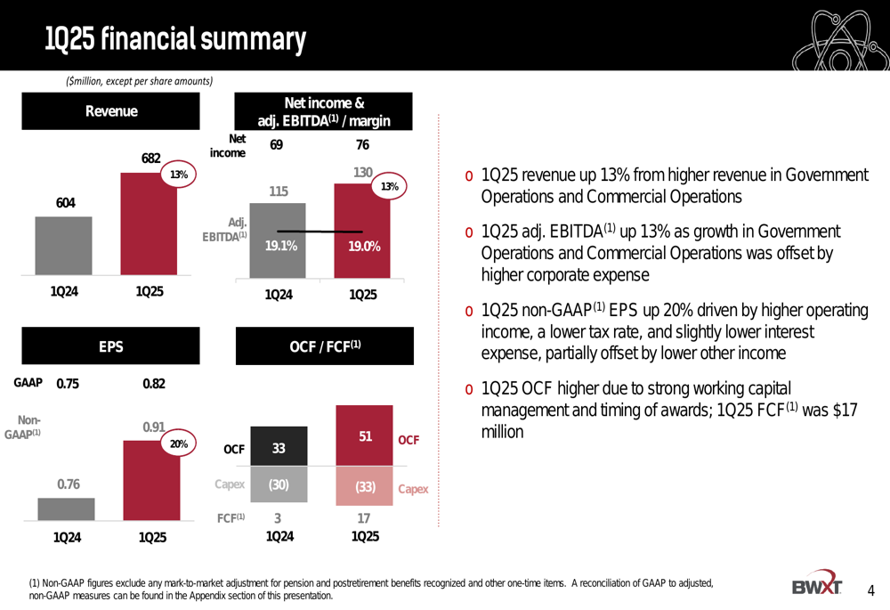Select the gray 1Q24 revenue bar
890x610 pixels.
pyautogui.click(x=64, y=247)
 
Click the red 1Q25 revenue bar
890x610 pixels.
pyautogui.click(x=149, y=224)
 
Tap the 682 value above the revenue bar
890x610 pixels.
pyautogui.click(x=150, y=159)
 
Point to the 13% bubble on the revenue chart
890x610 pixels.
pyautogui.click(x=179, y=175)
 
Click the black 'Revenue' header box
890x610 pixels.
pyautogui.click(x=111, y=111)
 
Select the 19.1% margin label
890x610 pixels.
pyautogui.click(x=281, y=247)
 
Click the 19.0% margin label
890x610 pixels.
pyautogui.click(x=364, y=247)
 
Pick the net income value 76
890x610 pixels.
pyautogui.click(x=361, y=145)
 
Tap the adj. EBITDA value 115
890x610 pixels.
pyautogui.click(x=279, y=190)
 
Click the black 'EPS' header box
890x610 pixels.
pyautogui.click(x=111, y=346)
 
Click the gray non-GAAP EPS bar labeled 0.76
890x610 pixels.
pyautogui.click(x=66, y=508)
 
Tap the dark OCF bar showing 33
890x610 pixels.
pyautogui.click(x=279, y=448)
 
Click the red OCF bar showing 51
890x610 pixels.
pyautogui.click(x=364, y=435)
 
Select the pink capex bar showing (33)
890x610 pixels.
pyautogui.click(x=364, y=486)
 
